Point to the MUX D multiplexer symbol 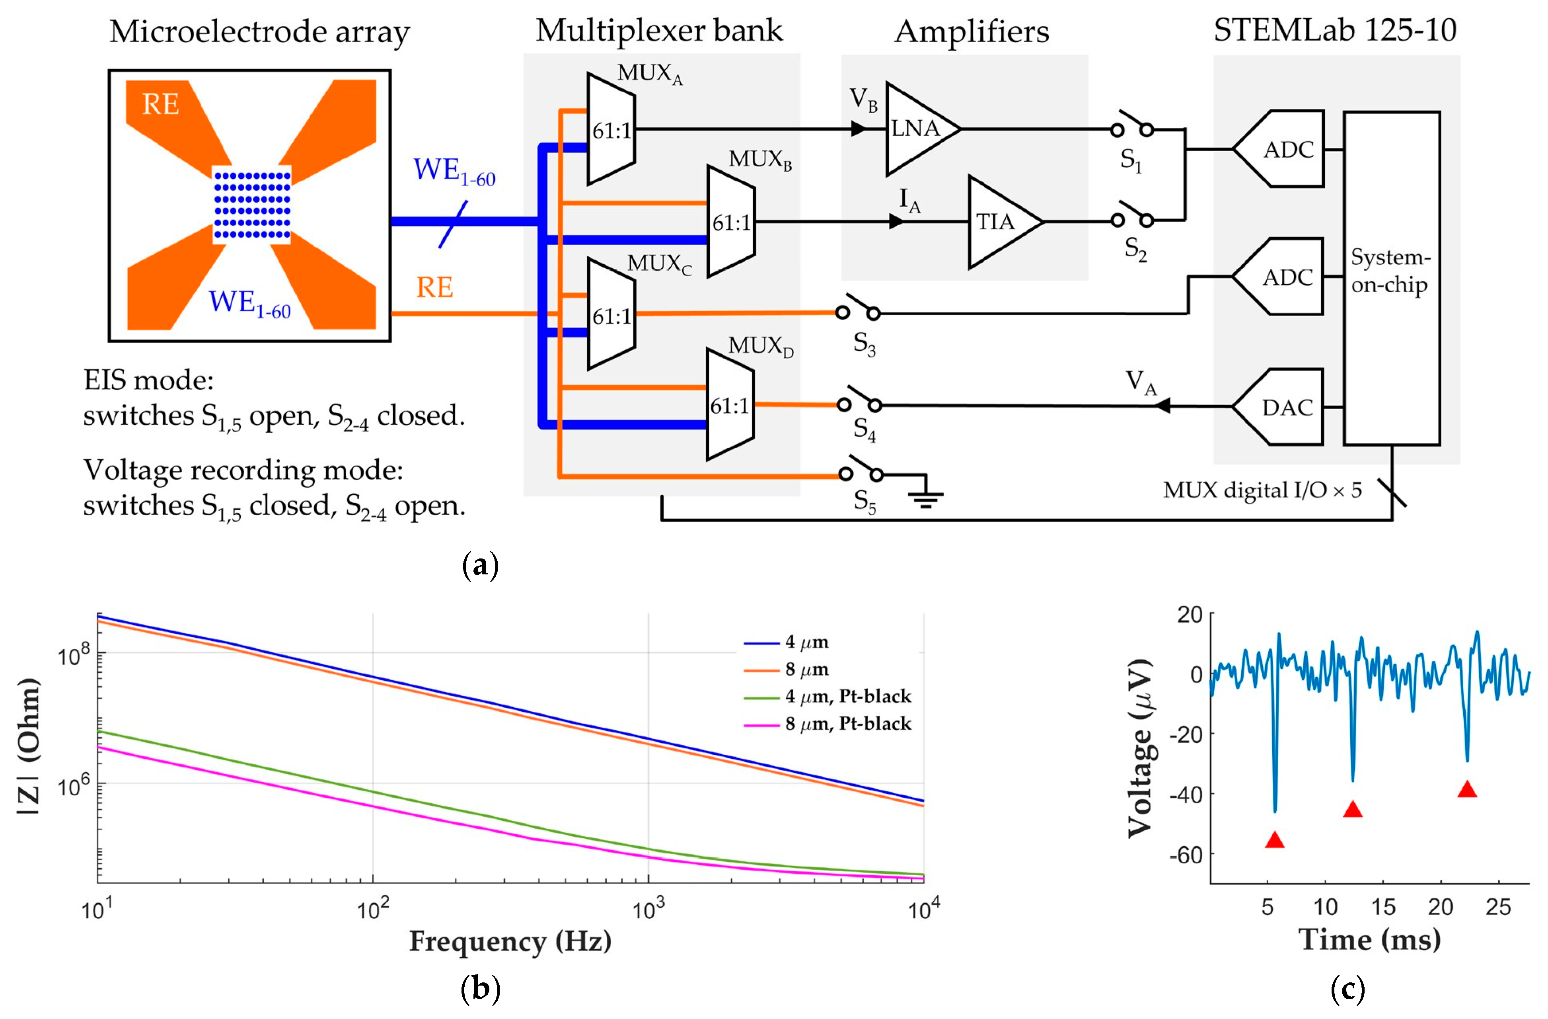click(x=730, y=405)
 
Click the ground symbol click(x=925, y=498)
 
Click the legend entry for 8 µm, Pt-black click(x=847, y=724)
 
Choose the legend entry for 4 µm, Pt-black click(x=847, y=697)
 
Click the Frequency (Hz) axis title click(x=510, y=941)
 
